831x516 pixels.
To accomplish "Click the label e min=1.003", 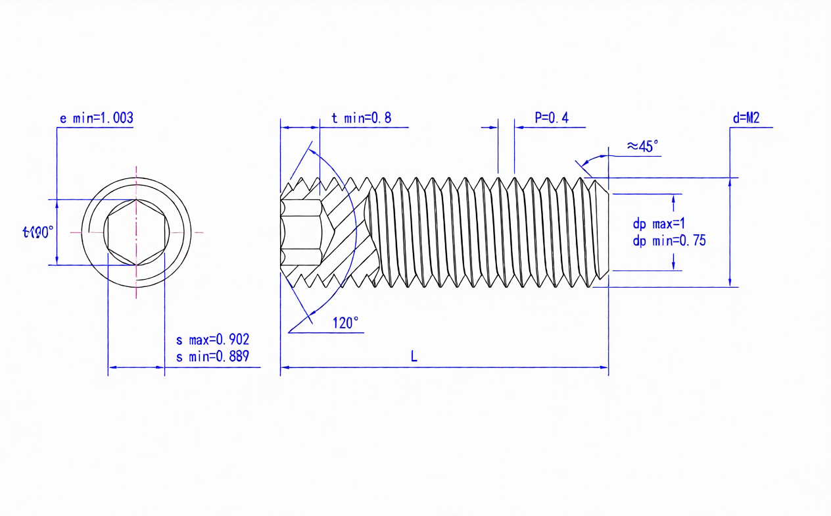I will [96, 118].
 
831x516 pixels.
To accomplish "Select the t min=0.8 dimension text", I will [361, 118].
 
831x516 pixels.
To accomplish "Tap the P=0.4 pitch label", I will [551, 118].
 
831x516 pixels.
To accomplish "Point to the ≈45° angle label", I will [642, 146].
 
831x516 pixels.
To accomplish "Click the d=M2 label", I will [746, 118].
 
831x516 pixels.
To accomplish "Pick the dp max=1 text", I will [659, 225].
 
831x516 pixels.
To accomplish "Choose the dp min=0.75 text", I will [669, 241].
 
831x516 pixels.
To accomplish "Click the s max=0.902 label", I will [212, 340].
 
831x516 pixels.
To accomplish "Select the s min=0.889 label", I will [212, 357].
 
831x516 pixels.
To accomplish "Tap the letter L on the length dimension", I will [414, 357].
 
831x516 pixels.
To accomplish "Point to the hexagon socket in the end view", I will [136, 232].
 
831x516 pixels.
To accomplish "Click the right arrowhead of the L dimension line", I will [604, 367].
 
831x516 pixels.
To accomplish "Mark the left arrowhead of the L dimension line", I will [285, 367].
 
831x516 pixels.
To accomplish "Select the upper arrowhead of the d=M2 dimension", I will [730, 182].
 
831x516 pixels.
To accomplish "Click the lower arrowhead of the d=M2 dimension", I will [730, 283].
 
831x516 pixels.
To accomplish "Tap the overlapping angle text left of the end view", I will [37, 232].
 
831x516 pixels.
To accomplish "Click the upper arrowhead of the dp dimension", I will [673, 198].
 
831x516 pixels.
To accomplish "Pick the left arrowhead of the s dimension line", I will [112, 367].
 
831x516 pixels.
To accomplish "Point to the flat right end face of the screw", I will [609, 232].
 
